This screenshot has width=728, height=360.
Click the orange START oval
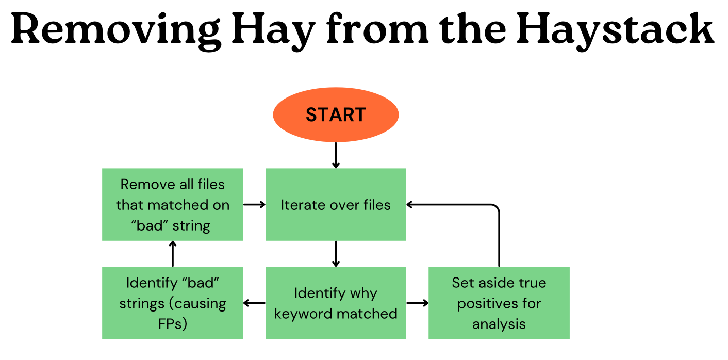336,114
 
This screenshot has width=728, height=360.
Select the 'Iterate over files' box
336,204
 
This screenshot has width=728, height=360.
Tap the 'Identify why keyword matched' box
336,303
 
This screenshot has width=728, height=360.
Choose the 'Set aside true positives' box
499,303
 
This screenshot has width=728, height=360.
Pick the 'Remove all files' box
172,204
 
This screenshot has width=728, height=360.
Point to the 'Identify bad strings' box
172,303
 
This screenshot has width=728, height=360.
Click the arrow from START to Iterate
336,155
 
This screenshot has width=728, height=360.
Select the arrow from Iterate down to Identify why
336,253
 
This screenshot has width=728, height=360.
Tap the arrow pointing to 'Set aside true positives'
417,303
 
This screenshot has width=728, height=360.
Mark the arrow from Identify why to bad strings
254,303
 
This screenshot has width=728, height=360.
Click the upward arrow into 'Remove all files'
172,253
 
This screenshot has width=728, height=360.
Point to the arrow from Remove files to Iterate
254,204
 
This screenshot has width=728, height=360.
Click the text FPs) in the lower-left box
172,324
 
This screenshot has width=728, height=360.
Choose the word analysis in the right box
499,324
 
